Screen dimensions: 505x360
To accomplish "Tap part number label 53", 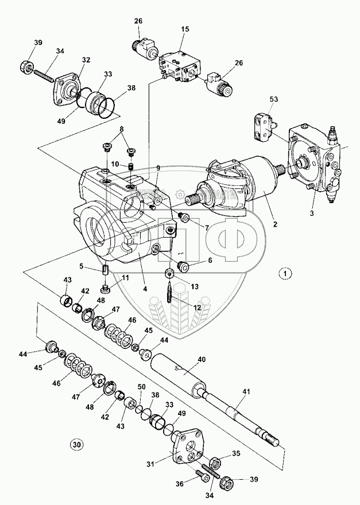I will [x=274, y=100].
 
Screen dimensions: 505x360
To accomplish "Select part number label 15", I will [x=185, y=29].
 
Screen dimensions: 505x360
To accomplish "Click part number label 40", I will [x=202, y=360].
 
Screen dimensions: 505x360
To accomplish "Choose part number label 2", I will [x=276, y=224].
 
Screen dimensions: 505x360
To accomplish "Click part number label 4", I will [x=145, y=289].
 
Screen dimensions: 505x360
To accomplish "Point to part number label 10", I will [x=114, y=164].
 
